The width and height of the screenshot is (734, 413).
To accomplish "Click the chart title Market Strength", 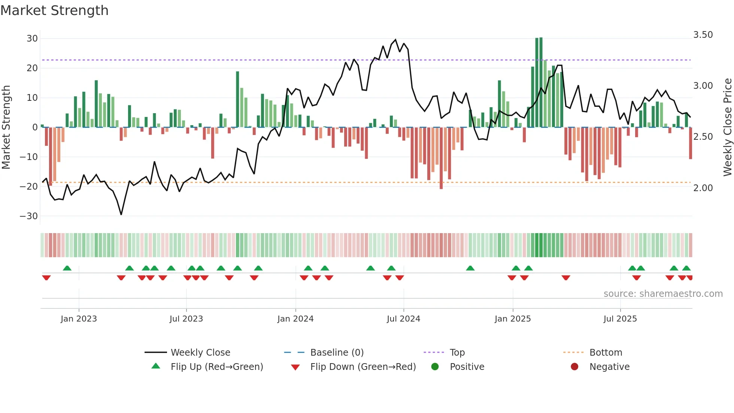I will (x=55, y=10).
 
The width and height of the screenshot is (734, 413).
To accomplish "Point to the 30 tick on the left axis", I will (x=32, y=39).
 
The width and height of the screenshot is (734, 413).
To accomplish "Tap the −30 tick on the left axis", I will (x=29, y=216).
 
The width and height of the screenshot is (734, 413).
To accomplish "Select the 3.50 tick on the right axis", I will (x=703, y=35).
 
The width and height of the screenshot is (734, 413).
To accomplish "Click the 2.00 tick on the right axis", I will (x=703, y=188).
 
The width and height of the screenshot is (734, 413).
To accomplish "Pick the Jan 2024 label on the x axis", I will (x=295, y=319).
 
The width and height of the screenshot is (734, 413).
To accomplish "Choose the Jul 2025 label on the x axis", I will (x=620, y=319).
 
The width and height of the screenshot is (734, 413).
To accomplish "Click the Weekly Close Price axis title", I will (x=727, y=127).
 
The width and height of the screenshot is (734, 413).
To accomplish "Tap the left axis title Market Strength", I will (x=6, y=127).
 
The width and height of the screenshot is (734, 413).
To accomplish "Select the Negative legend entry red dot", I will (x=574, y=367).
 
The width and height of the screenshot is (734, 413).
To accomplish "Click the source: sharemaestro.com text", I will (x=663, y=294).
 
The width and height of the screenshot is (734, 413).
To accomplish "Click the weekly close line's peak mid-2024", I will (x=395, y=40).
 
